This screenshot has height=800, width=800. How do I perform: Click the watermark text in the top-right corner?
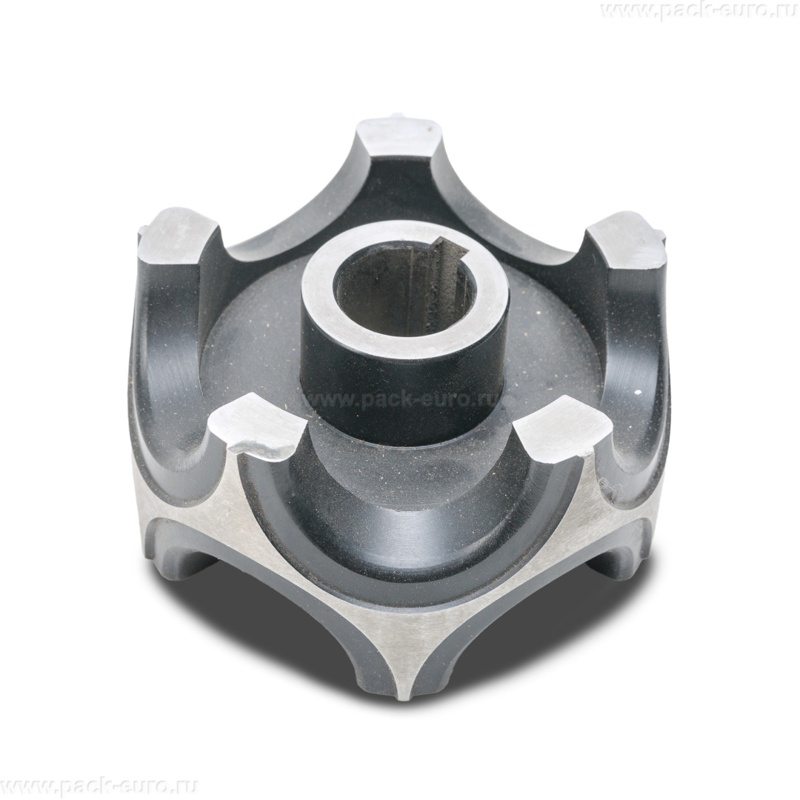[699, 11]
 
